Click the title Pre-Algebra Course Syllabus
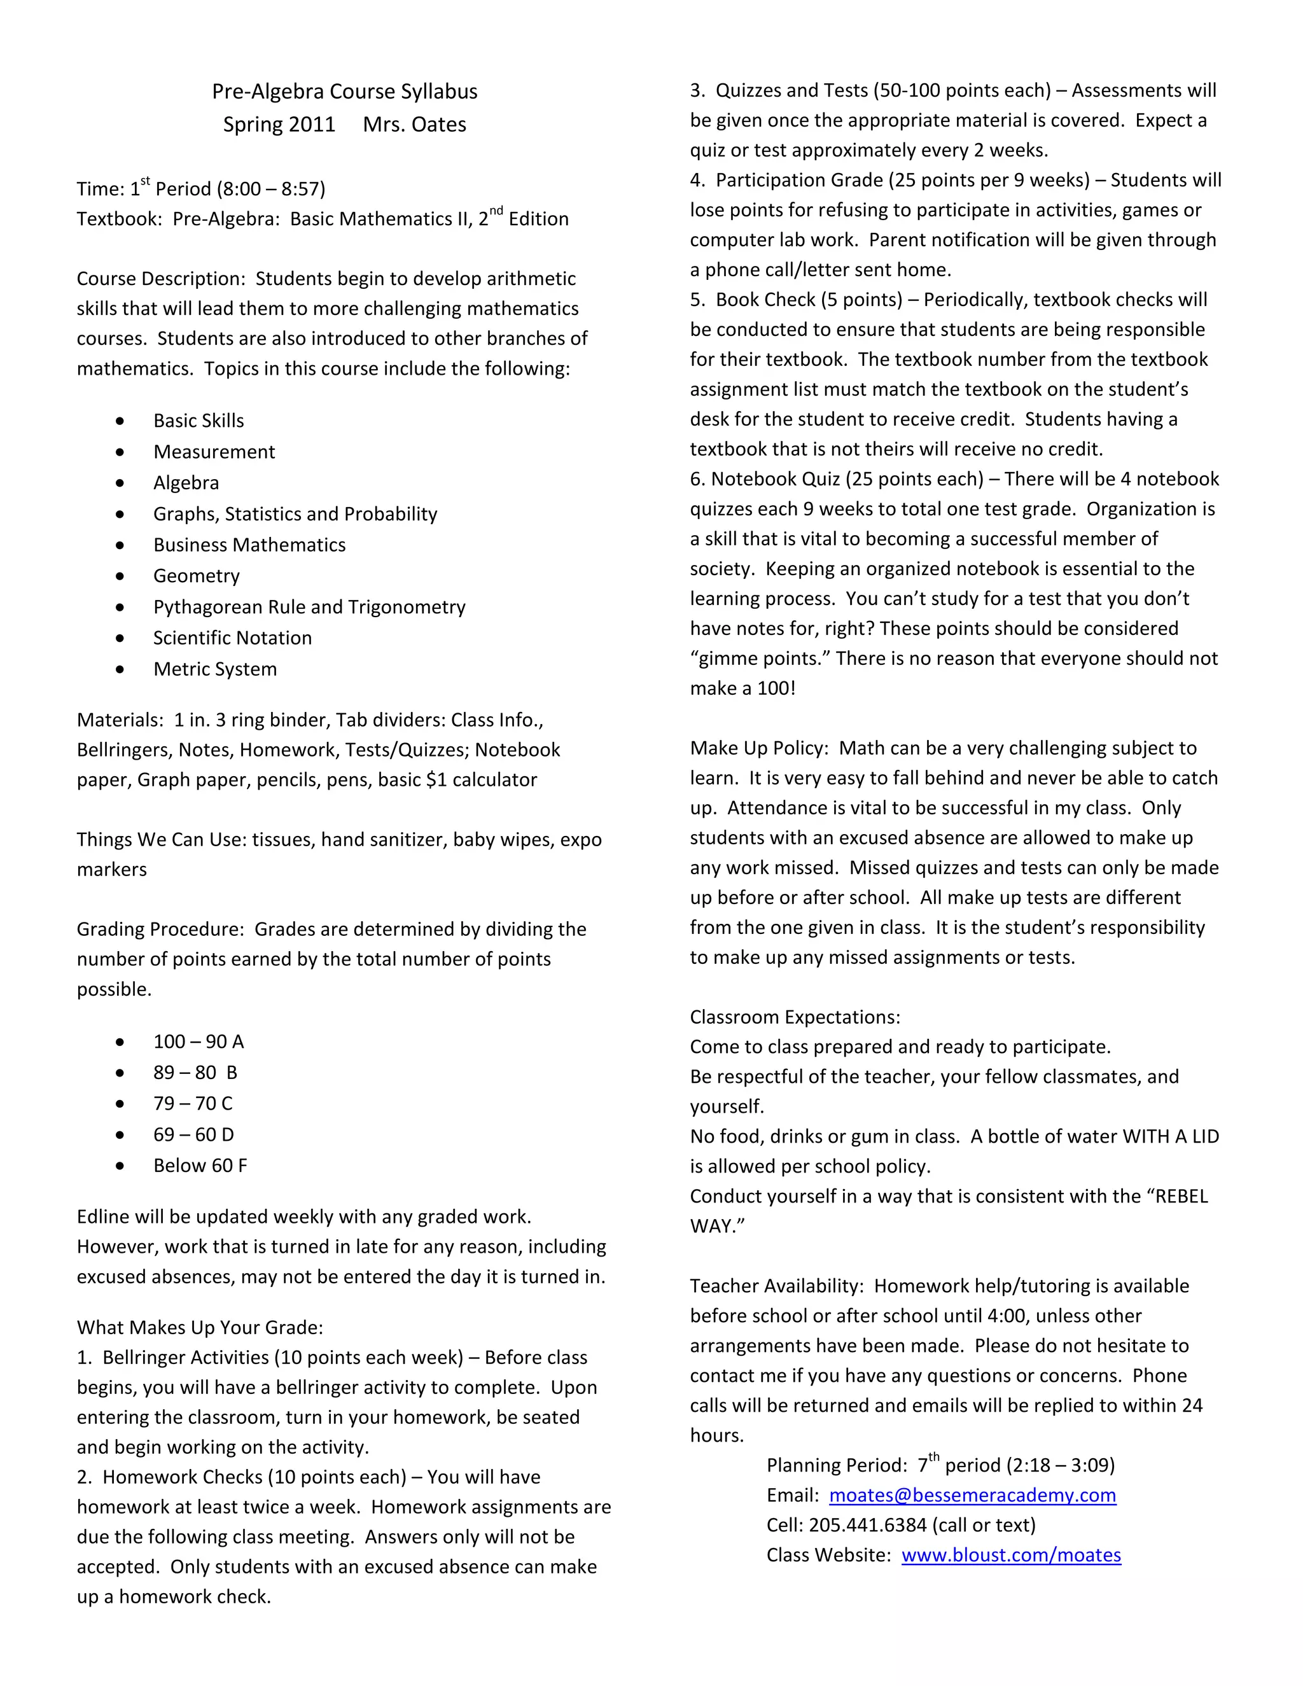click(x=344, y=91)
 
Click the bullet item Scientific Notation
click(x=232, y=637)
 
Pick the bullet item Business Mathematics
click(x=249, y=545)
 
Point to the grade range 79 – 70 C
click(x=192, y=1104)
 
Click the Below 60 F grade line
click(x=200, y=1166)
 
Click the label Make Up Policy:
click(x=759, y=748)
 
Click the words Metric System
click(x=214, y=669)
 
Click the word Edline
click(x=102, y=1217)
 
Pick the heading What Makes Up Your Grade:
click(x=199, y=1328)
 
